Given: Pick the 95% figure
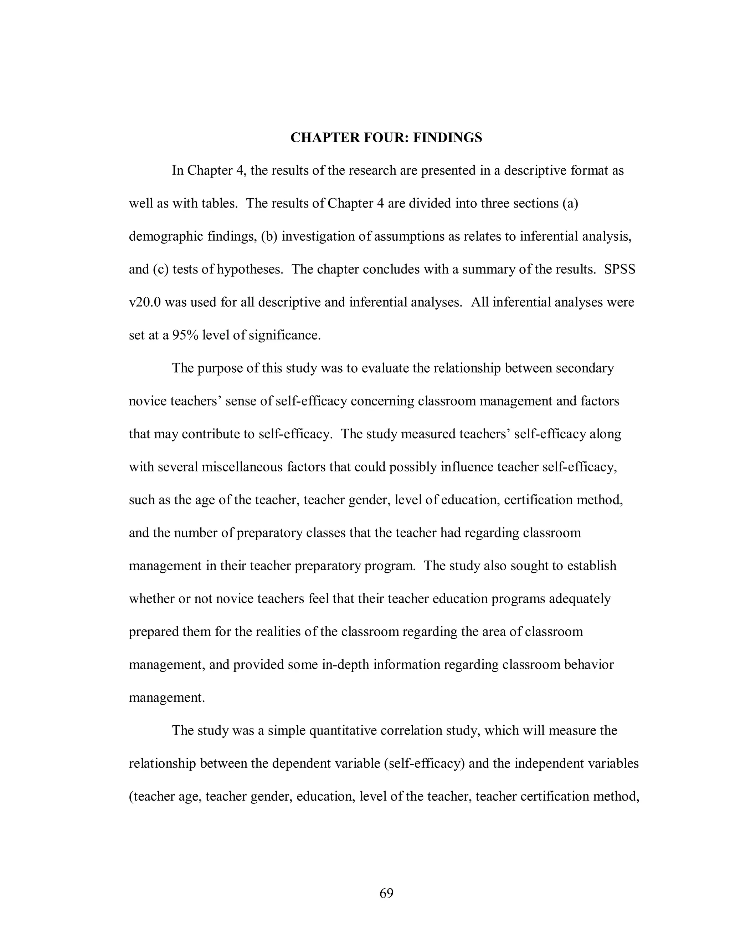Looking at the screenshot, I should coord(185,335).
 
